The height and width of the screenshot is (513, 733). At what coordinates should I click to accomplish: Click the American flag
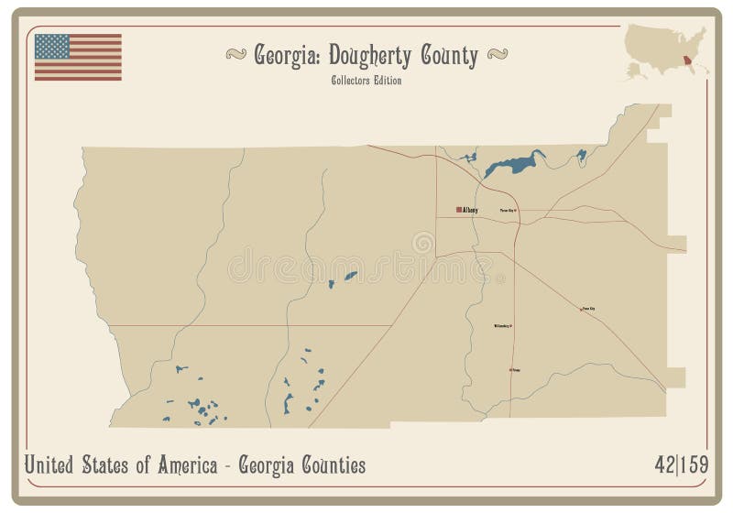click(78, 57)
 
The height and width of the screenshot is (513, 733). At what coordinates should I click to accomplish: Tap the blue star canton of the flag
click(53, 46)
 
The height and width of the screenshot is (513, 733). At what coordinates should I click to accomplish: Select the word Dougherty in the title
click(375, 57)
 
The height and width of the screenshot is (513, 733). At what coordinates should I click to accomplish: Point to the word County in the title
click(449, 57)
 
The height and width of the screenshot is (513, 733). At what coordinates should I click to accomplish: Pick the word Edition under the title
click(388, 80)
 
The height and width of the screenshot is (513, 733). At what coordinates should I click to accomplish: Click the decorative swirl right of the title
click(498, 57)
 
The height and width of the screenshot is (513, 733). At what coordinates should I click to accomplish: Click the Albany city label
click(472, 211)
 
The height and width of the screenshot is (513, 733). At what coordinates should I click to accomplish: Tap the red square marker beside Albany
click(459, 210)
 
